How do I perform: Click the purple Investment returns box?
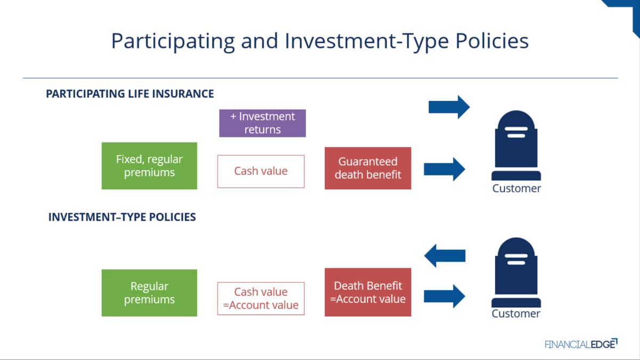(262, 123)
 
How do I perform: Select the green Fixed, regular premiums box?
(149, 166)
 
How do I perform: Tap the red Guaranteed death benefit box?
(367, 168)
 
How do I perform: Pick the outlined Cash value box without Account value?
(261, 171)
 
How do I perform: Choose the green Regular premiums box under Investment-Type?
(149, 293)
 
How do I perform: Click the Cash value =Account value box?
(261, 299)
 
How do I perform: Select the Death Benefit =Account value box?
(367, 292)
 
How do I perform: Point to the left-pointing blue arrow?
(445, 255)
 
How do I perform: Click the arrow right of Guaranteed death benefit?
(445, 169)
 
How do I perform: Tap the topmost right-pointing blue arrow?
(449, 107)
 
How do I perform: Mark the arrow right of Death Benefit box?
(445, 297)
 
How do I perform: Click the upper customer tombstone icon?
(516, 145)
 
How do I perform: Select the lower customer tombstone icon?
(516, 273)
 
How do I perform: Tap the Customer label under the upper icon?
(517, 189)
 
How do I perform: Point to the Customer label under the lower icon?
(516, 314)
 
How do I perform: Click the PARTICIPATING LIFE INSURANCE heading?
(130, 94)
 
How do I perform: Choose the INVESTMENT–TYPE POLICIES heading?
(122, 217)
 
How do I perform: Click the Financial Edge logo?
(581, 343)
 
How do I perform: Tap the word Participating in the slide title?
(173, 42)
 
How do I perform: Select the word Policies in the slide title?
(492, 41)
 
